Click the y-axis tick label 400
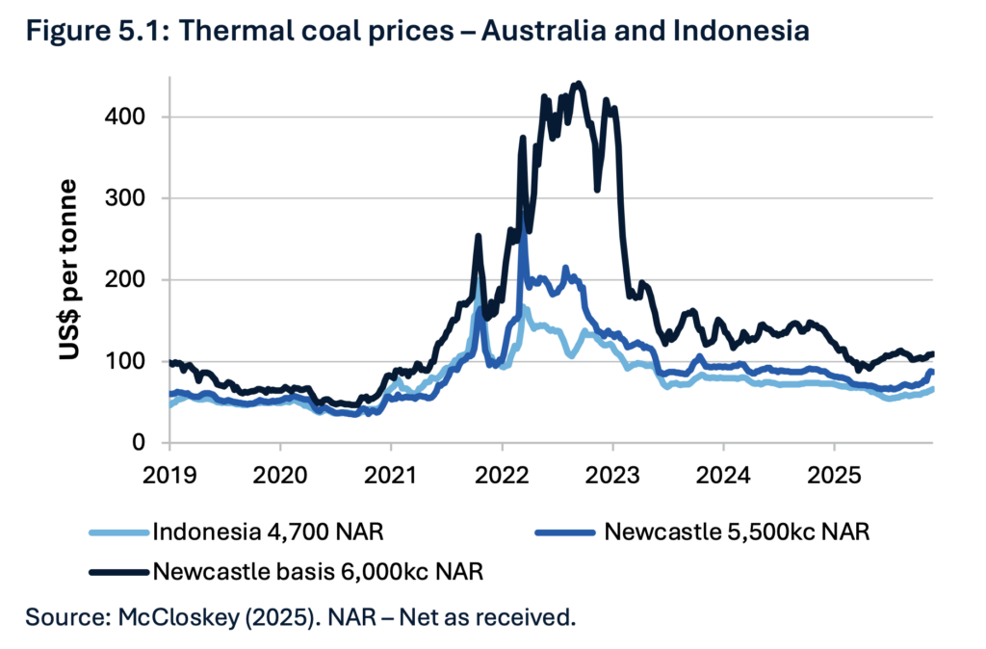[125, 117]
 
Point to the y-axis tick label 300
[125, 198]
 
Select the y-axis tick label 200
[125, 279]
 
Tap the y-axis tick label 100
[125, 361]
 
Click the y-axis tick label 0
[140, 443]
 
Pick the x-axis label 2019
[169, 475]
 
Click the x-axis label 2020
[280, 475]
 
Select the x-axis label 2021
[391, 475]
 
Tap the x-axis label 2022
[502, 475]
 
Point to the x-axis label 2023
[612, 475]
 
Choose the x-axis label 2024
[723, 475]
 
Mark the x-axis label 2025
[834, 475]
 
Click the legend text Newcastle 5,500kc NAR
[738, 532]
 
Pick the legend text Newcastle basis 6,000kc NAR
[318, 571]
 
